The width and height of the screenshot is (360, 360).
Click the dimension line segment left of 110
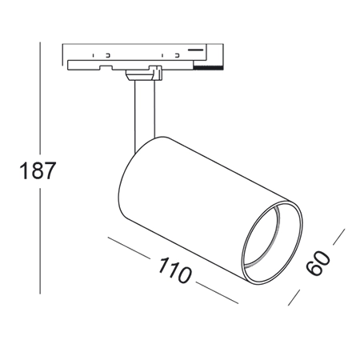click(129, 247)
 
